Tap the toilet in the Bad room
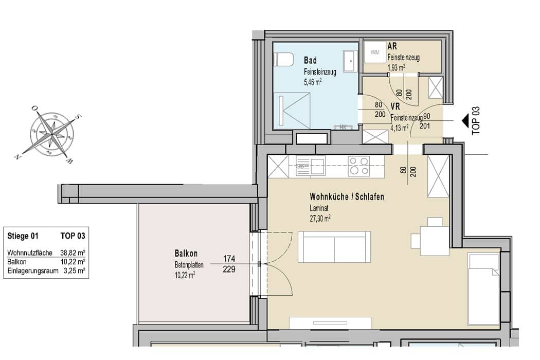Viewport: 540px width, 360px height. coord(283,59)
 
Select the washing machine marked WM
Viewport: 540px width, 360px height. coord(375,52)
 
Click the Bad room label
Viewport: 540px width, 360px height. coord(310,60)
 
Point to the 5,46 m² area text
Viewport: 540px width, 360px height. coord(313,82)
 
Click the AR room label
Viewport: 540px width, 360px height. coord(392,46)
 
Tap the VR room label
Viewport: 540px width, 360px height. coord(395,106)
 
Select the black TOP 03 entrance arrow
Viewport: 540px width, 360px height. coord(465,120)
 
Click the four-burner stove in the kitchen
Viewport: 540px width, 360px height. coord(358,166)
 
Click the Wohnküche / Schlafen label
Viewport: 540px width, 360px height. coord(347,196)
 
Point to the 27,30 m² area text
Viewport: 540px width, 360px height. coord(320,219)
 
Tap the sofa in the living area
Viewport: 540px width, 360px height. coord(334,247)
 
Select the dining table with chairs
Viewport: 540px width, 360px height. coord(430,237)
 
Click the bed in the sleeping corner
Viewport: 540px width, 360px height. coord(483,289)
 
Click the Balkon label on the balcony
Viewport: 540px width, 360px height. coord(186,254)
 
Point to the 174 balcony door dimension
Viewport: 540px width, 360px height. coord(229,258)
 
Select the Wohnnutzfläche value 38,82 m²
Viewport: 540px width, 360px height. coord(73,253)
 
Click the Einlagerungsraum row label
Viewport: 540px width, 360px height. coord(33,271)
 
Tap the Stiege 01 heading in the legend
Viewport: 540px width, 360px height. coord(23,236)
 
